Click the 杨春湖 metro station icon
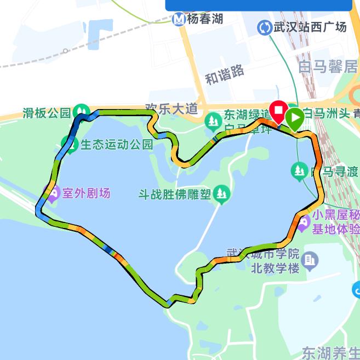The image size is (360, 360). tap(179, 20)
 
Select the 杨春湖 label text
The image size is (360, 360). tap(205, 19)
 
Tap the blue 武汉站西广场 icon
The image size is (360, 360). tap(265, 27)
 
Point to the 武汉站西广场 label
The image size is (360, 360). tap(310, 27)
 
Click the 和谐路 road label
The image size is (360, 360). tap(225, 73)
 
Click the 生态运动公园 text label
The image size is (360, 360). tap(117, 145)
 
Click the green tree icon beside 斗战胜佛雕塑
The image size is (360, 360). tap(221, 193)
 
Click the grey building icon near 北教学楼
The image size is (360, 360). tap(310, 260)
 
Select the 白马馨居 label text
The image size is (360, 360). tap(328, 67)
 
